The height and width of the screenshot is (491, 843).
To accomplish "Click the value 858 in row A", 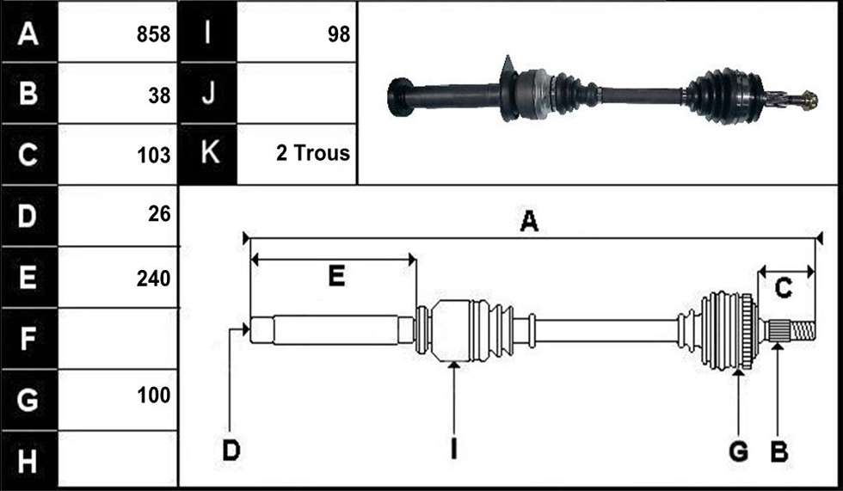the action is (153, 34).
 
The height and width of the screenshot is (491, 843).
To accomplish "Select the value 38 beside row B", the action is (159, 95).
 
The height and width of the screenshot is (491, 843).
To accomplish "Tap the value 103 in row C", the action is (153, 156).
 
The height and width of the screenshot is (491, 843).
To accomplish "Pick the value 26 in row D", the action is (159, 214).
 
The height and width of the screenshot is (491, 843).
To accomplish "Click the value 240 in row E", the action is (153, 279).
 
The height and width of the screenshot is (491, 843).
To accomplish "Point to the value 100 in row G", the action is (153, 396).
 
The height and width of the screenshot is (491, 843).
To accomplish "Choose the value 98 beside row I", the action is (339, 34).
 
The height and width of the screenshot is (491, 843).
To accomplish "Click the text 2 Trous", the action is (313, 153).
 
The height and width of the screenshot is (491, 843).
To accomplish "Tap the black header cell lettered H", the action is (29, 460).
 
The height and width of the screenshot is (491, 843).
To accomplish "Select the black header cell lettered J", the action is (207, 93).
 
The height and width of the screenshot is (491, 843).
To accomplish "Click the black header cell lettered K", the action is (207, 154).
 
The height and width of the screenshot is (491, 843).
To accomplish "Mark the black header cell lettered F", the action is (29, 339).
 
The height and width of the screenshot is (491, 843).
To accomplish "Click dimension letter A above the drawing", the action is (529, 221).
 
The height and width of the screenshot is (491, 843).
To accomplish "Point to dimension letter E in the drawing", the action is (336, 276).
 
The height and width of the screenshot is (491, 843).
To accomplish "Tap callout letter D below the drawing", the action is (231, 451).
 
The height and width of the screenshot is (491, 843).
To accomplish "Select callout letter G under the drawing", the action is (738, 451).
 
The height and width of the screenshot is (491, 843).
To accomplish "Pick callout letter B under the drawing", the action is (779, 451).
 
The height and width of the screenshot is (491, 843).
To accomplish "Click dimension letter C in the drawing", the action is (783, 288).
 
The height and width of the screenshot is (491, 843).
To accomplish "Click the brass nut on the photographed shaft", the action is (809, 101).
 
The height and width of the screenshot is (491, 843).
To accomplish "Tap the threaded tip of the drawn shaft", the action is (803, 330).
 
